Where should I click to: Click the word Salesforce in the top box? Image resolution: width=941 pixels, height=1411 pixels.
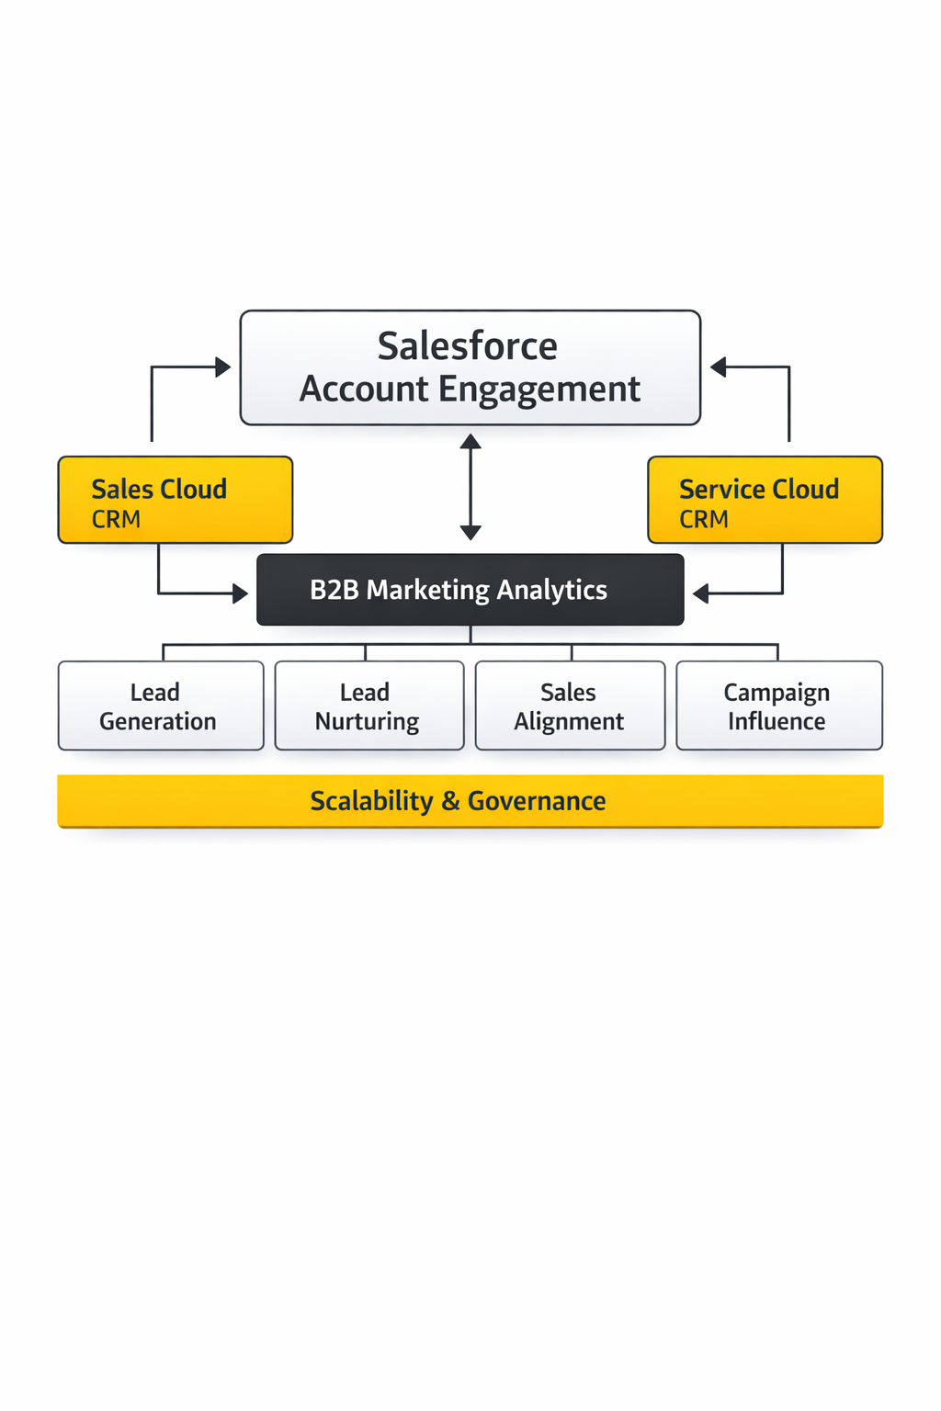click(x=467, y=347)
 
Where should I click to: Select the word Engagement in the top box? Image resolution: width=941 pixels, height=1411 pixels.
click(x=539, y=389)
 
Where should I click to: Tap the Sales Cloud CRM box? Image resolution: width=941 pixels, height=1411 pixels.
click(x=176, y=500)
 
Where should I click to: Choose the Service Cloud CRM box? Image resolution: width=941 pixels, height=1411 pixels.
click(x=765, y=500)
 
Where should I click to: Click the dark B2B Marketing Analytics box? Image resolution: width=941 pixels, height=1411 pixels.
click(x=470, y=590)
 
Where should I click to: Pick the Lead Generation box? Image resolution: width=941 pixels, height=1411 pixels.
click(x=160, y=705)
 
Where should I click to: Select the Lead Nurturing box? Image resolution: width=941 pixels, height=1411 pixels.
click(x=368, y=705)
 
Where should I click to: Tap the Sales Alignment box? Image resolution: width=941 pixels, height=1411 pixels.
click(x=570, y=705)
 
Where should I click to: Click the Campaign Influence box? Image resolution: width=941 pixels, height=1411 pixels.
click(x=778, y=705)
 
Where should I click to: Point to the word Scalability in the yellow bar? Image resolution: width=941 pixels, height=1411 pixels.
click(x=371, y=801)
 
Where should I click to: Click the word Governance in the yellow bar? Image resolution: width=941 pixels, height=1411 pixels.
click(x=537, y=801)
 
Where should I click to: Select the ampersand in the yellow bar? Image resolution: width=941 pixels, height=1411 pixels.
click(x=450, y=801)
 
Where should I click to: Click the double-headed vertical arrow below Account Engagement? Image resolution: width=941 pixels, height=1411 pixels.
click(x=470, y=487)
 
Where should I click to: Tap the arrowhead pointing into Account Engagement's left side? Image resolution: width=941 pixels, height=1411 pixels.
click(x=223, y=367)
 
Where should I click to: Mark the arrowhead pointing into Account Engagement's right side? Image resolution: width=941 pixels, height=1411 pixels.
click(x=718, y=367)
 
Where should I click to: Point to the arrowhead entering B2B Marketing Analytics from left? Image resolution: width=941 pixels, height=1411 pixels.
click(x=241, y=593)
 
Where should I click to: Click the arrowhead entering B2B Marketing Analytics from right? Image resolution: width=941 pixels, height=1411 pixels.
click(x=700, y=593)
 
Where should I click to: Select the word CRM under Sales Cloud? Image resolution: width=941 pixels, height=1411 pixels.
click(x=116, y=520)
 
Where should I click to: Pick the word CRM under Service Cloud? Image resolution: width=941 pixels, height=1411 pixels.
click(x=704, y=520)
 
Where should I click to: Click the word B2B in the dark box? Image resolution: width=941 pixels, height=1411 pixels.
click(x=334, y=590)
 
